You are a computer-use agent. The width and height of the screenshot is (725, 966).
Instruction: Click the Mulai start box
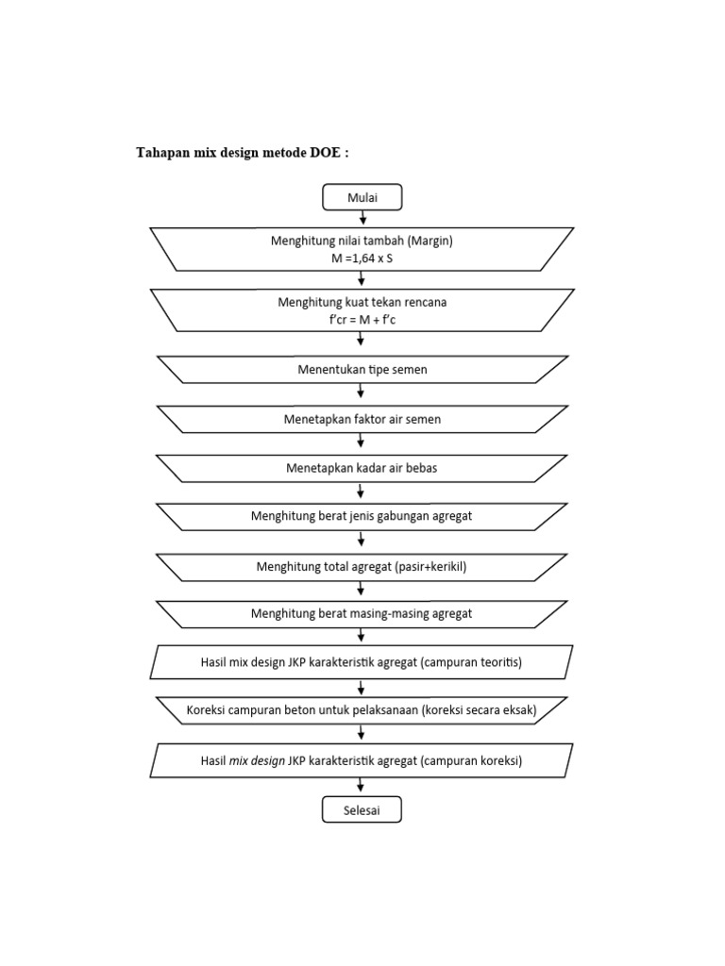(362, 196)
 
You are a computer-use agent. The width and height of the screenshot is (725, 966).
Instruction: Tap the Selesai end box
(362, 809)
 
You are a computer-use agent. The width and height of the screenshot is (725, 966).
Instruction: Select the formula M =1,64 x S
(362, 258)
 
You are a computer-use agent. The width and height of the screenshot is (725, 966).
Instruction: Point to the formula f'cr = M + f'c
(362, 321)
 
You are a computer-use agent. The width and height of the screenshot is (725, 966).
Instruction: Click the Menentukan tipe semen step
(362, 370)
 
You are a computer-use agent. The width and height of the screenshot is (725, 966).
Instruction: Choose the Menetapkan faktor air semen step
(362, 419)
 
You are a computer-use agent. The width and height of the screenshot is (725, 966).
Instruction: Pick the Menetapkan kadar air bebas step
(362, 468)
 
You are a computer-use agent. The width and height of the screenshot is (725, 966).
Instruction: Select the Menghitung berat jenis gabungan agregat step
(362, 516)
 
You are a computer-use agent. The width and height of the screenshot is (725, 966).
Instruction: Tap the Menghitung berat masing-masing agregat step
(362, 613)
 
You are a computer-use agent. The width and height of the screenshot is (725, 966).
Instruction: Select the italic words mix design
(257, 759)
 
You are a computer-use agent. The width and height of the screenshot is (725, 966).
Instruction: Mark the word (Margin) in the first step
(430, 241)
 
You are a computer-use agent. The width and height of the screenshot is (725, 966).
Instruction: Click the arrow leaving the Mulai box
(362, 218)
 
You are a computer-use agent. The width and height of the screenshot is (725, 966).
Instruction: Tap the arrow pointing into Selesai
(362, 787)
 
